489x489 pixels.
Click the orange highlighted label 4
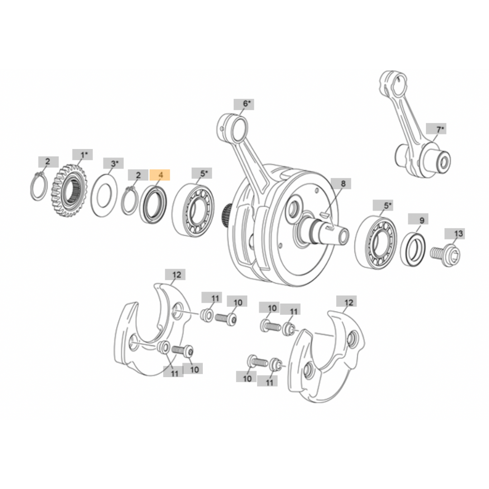[x=159, y=175]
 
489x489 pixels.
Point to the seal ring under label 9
[x=413, y=249]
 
